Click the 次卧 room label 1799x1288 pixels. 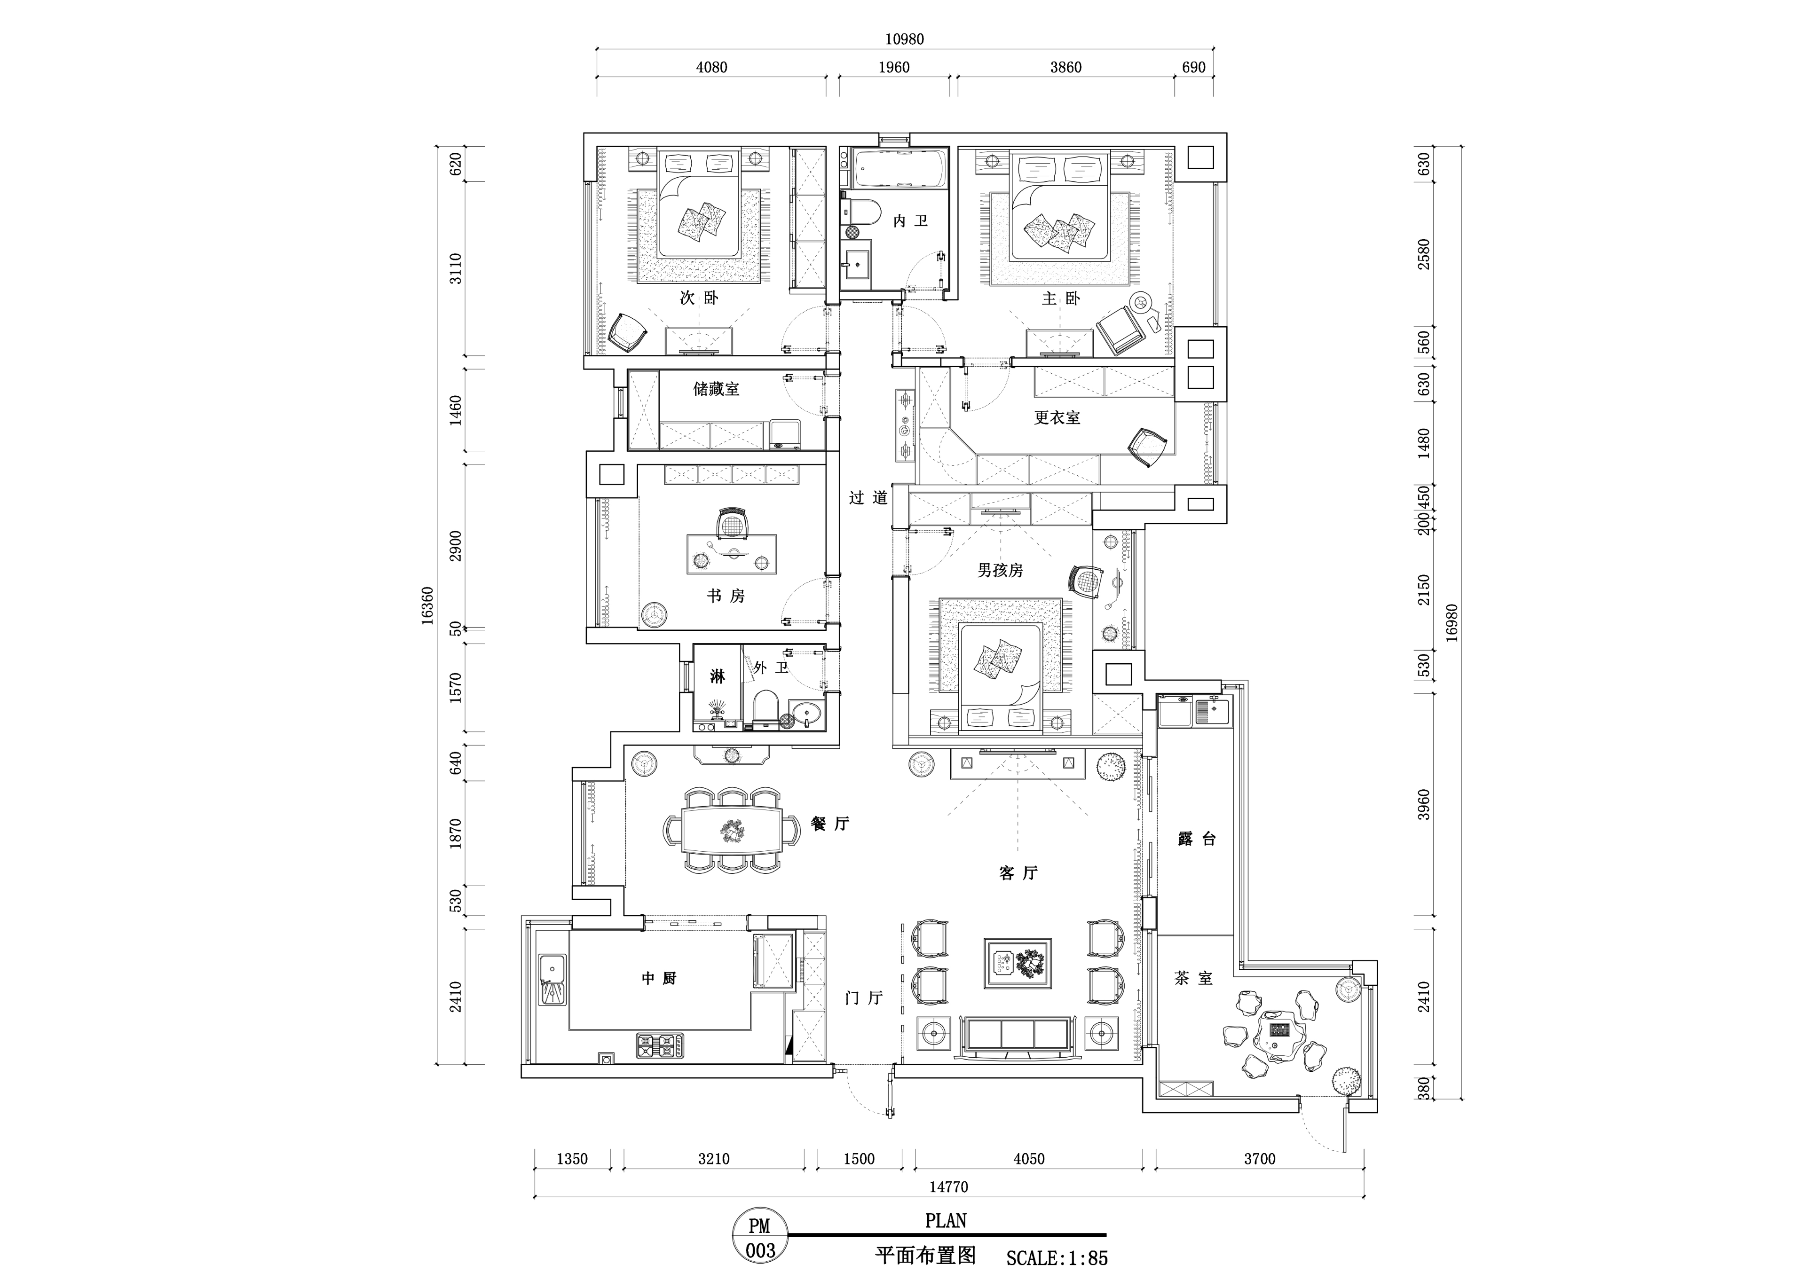click(699, 298)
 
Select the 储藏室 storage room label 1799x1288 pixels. click(716, 389)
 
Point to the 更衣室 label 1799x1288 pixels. click(1057, 417)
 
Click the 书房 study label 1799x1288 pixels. click(726, 596)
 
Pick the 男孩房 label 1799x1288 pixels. click(1000, 570)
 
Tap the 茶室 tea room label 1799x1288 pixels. click(1194, 979)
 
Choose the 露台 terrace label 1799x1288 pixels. click(1197, 839)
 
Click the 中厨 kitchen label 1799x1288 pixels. click(659, 979)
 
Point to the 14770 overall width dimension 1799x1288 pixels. click(949, 1187)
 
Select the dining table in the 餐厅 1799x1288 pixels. click(731, 830)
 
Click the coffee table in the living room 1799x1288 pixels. click(1018, 963)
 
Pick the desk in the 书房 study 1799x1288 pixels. click(731, 553)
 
